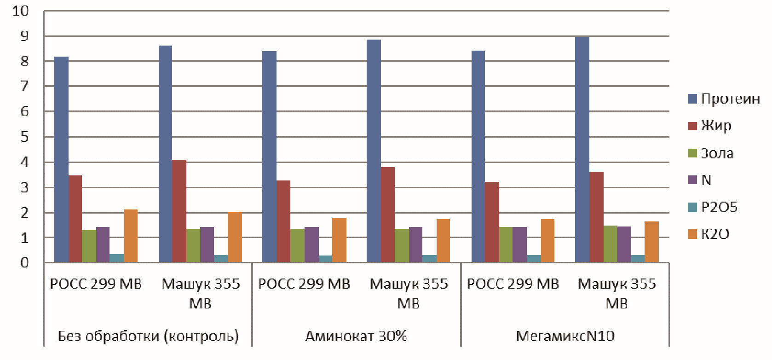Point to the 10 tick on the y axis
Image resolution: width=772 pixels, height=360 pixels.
[21, 11]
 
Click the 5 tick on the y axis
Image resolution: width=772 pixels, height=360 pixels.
[24, 137]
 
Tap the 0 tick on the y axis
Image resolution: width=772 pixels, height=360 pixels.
[24, 263]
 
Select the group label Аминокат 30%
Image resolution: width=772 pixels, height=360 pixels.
[356, 336]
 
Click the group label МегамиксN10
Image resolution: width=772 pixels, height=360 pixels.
[565, 336]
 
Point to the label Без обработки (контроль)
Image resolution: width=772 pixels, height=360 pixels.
[148, 336]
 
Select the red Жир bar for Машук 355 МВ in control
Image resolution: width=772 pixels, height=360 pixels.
[179, 211]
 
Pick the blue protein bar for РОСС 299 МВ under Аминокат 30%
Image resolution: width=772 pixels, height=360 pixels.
[270, 157]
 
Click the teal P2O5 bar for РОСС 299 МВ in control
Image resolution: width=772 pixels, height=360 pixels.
[117, 258]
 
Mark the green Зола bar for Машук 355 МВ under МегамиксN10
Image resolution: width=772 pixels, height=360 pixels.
[610, 244]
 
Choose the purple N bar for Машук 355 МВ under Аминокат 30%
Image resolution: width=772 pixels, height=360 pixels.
[415, 244]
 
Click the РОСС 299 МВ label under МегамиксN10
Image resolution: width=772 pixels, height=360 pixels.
[513, 284]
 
